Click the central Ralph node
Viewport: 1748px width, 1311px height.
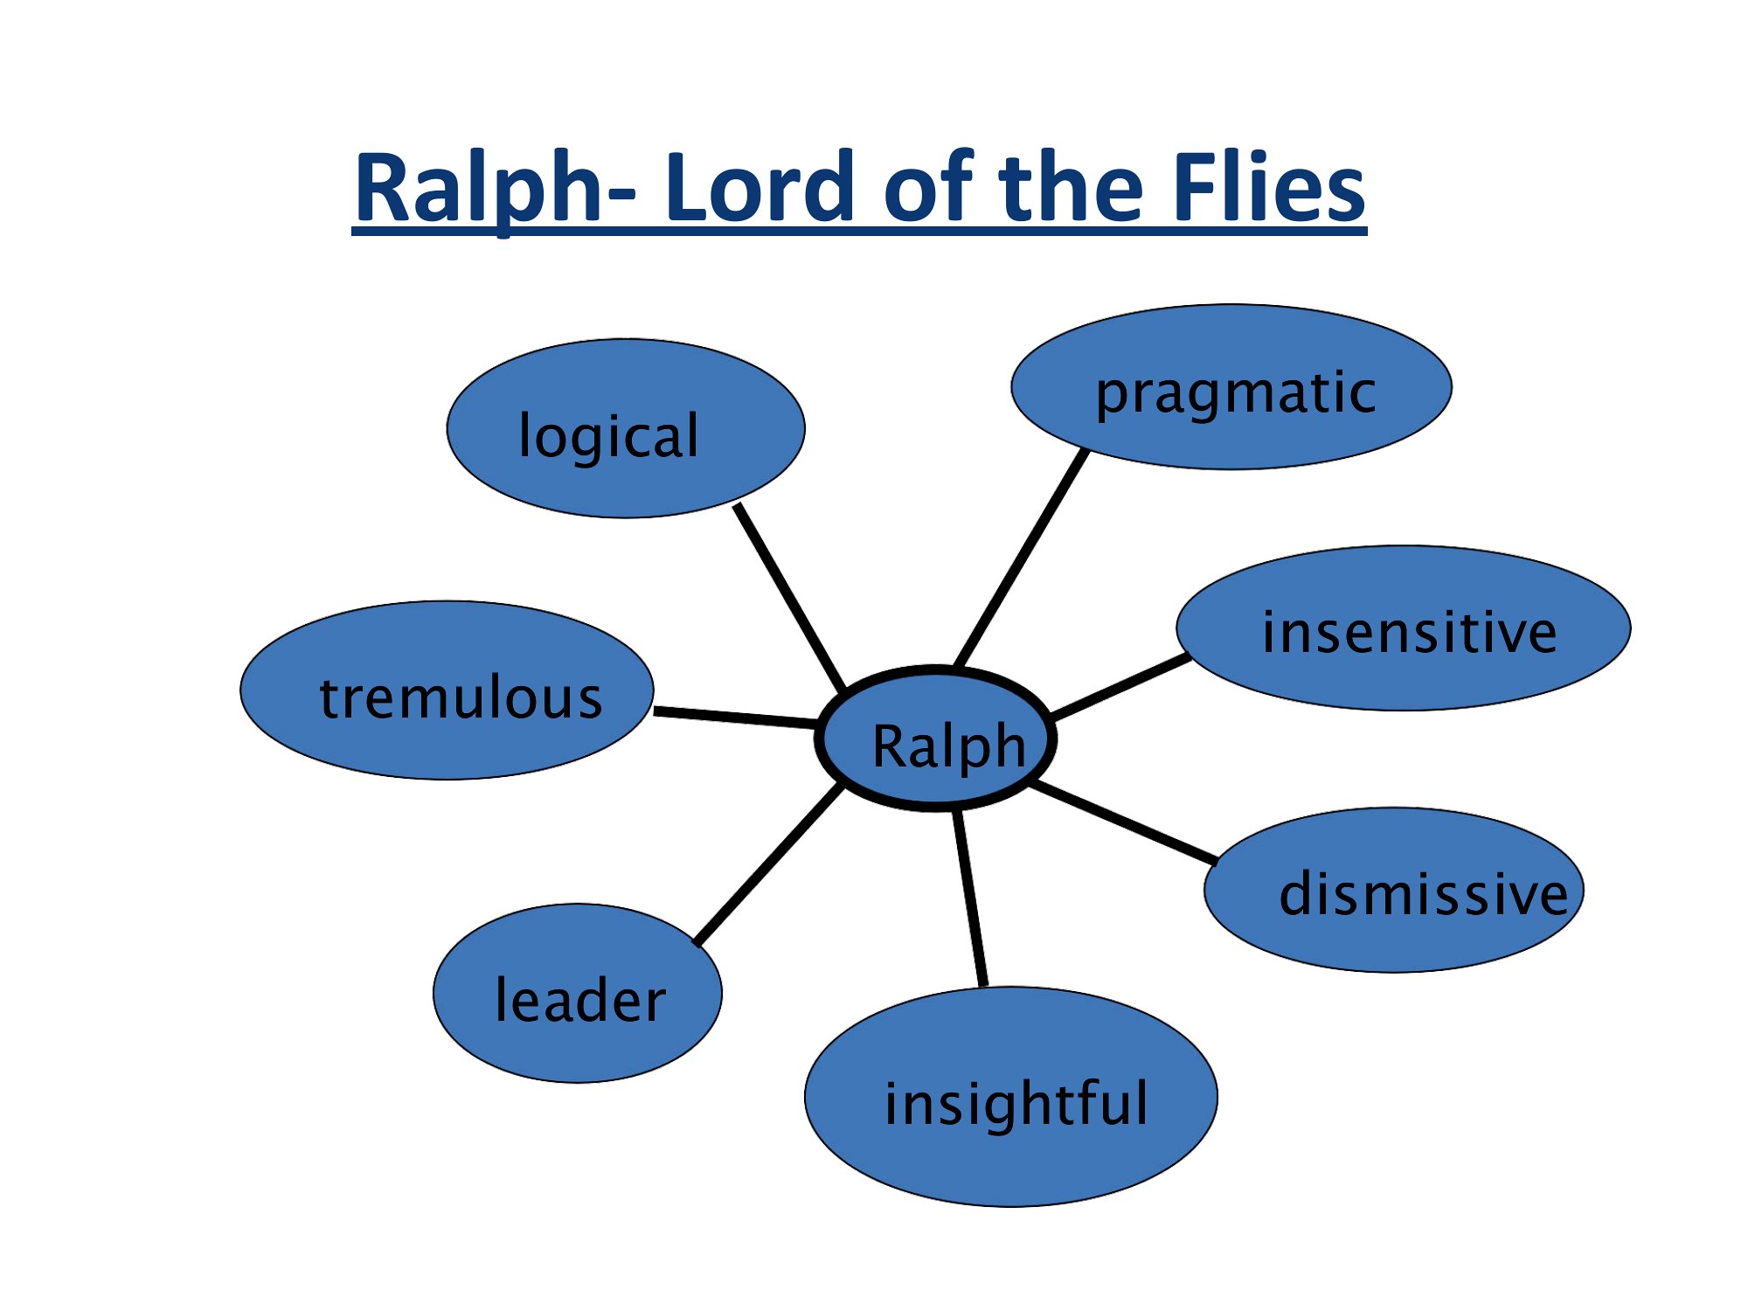click(936, 739)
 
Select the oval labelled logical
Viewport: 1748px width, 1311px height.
click(626, 428)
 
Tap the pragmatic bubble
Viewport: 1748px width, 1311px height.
click(1231, 387)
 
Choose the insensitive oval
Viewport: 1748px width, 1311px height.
click(1403, 628)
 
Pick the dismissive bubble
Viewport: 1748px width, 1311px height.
click(1394, 890)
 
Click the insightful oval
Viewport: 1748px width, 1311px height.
click(1011, 1097)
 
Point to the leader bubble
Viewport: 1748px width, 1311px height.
click(578, 994)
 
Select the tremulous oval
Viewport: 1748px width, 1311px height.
click(447, 690)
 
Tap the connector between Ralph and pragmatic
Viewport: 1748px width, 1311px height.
click(1022, 558)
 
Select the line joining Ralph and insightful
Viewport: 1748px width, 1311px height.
click(970, 898)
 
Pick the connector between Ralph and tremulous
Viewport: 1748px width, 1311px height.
click(736, 718)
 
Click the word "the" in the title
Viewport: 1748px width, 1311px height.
click(1071, 188)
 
